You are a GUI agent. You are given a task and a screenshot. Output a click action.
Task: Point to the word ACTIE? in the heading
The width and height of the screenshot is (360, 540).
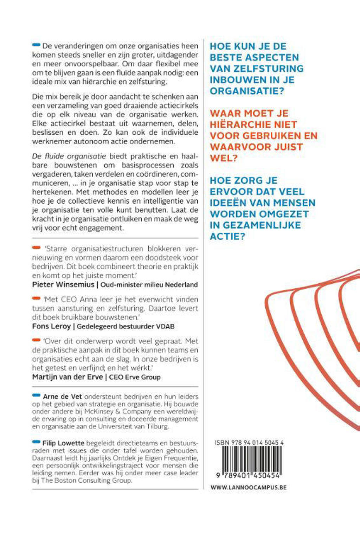[x=227, y=236]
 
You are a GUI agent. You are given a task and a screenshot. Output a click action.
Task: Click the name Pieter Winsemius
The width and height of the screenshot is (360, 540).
[x=63, y=284]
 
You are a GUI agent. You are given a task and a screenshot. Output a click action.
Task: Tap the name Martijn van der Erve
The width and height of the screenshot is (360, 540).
[x=67, y=377]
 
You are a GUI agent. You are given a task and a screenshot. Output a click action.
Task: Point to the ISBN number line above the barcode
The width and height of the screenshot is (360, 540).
[x=249, y=443]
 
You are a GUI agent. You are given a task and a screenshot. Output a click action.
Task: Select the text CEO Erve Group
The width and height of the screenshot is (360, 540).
[x=135, y=377]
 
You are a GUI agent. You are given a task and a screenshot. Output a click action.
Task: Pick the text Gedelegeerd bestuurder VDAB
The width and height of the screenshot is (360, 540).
[x=126, y=327]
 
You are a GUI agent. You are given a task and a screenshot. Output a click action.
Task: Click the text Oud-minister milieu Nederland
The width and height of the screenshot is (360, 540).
[x=149, y=285]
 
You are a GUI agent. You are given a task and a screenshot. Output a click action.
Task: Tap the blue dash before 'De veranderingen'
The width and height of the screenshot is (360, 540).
[x=36, y=45]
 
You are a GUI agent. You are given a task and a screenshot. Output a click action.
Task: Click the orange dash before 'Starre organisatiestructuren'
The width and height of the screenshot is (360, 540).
[x=36, y=248]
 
